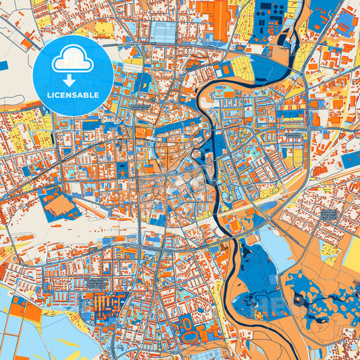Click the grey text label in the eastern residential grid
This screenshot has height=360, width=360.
(329, 214)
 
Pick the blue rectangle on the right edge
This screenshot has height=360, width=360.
(351, 159)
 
